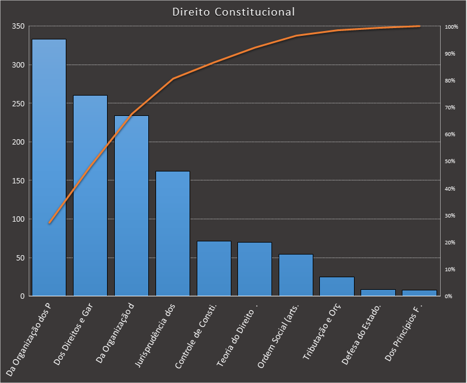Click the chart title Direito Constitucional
click(x=233, y=12)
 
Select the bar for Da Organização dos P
click(x=49, y=167)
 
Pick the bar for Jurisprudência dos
click(x=173, y=233)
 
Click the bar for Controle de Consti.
click(x=214, y=268)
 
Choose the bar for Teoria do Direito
click(x=255, y=269)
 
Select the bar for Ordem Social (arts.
click(x=296, y=275)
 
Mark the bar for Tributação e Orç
click(x=337, y=286)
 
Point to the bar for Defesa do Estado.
click(x=378, y=292)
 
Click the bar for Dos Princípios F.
click(x=419, y=293)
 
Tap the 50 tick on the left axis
click(x=20, y=258)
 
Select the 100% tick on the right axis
click(x=451, y=27)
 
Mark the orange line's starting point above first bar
click(x=49, y=223)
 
